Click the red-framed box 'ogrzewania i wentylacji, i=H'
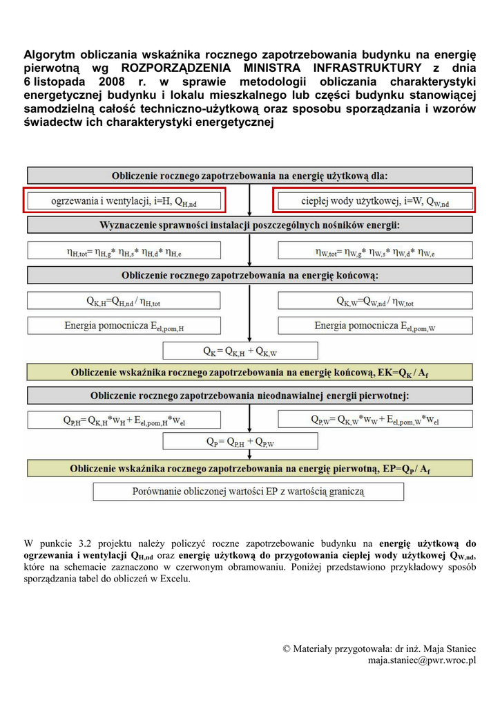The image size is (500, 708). (124, 201)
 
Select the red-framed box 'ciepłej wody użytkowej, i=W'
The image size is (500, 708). (374, 201)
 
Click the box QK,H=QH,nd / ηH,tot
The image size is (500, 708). (124, 301)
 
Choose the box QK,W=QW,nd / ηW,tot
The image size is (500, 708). (374, 301)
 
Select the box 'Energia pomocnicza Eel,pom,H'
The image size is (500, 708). (124, 326)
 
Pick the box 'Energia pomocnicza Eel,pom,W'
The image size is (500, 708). (374, 326)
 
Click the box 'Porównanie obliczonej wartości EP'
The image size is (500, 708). (249, 492)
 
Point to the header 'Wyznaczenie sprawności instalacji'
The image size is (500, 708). (249, 225)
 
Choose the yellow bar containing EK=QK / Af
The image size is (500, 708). (249, 373)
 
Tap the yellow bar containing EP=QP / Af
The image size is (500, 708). (249, 469)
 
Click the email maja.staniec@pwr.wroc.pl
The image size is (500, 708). (421, 660)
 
